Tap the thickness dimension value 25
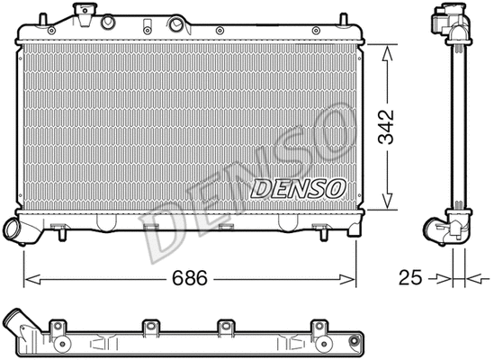pyautogui.click(x=411, y=279)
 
